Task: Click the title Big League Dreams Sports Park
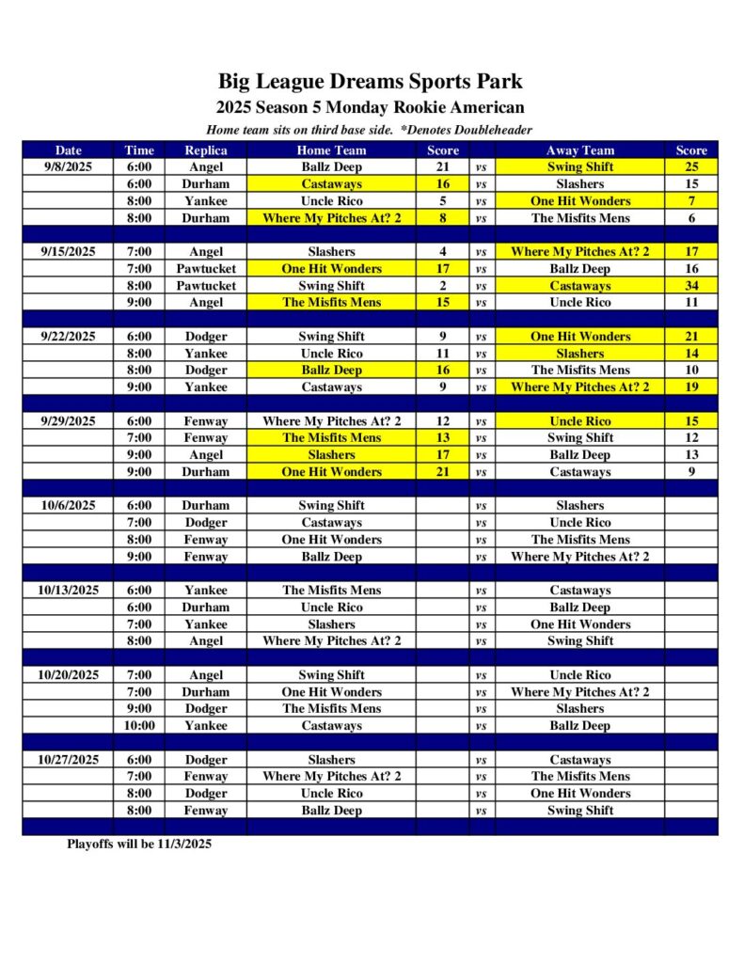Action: point(371,82)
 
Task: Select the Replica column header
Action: point(205,150)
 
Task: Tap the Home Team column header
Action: point(331,150)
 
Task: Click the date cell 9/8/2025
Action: point(68,166)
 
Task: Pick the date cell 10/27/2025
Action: point(68,759)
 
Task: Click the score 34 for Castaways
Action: point(691,285)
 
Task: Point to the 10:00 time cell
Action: point(139,725)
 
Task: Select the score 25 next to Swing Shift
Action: point(691,166)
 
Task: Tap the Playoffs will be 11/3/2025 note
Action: point(139,844)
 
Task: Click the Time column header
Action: point(139,150)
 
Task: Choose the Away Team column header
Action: point(579,150)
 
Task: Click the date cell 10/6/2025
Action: point(68,505)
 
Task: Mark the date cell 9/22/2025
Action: point(68,336)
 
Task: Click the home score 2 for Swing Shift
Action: point(442,285)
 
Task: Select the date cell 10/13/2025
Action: point(68,590)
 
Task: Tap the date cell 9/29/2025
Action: point(68,420)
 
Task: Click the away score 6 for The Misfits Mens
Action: point(691,217)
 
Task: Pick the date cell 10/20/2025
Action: point(68,674)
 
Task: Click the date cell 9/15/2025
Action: point(68,251)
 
